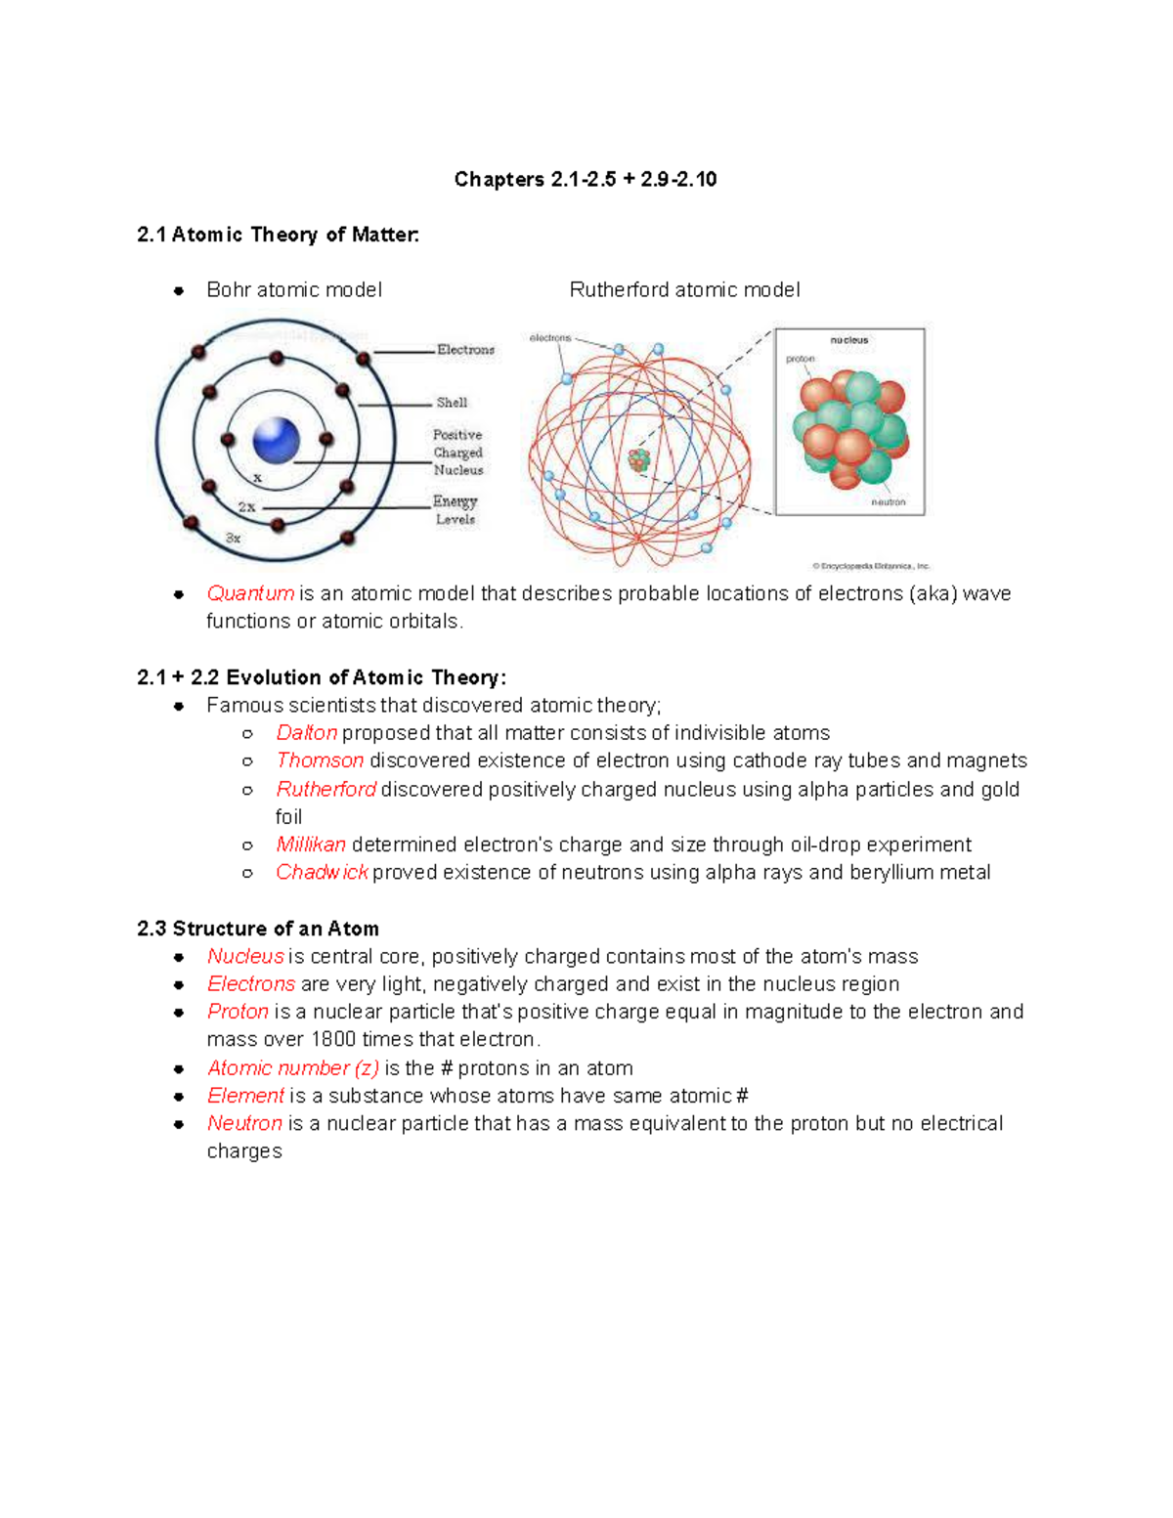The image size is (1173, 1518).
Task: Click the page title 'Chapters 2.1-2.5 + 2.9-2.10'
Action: [585, 179]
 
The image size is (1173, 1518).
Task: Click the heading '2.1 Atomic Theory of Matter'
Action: [278, 235]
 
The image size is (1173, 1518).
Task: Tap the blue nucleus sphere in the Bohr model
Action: [276, 440]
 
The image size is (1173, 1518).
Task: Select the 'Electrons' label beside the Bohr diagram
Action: [465, 350]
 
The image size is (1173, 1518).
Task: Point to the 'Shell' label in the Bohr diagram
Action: [452, 403]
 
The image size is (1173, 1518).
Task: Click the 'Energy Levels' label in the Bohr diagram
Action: [456, 510]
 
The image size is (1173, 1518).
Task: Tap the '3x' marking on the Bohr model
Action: [233, 539]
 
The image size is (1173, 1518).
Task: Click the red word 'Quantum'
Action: [250, 593]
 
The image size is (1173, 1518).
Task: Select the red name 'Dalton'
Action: [306, 733]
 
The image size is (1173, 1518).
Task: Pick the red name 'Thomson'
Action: [320, 760]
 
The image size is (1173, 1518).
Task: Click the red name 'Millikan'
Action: [311, 845]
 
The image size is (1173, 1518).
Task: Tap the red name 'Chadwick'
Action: [322, 872]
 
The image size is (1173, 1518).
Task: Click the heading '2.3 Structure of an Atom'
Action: [258, 929]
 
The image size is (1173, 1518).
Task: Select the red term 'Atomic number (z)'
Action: [292, 1068]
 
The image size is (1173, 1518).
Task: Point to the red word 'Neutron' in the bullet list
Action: [244, 1123]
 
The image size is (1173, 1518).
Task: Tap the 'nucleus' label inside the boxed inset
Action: [848, 340]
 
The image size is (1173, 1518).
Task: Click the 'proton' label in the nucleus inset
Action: [800, 359]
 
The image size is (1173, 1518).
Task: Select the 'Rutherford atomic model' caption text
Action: [684, 290]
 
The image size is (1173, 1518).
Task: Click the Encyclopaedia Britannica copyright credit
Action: [871, 566]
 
